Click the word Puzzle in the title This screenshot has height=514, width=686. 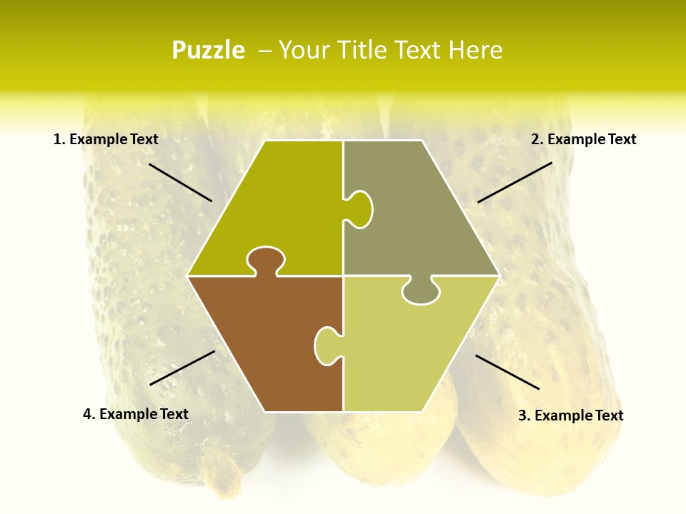208,50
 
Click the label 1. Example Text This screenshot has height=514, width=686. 106,139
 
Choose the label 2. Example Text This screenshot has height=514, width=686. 583,139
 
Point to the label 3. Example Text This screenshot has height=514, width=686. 570,415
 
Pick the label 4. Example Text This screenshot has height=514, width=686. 136,414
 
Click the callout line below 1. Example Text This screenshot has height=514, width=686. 180,182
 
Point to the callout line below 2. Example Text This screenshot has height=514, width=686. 514,182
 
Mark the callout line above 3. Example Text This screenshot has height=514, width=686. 507,372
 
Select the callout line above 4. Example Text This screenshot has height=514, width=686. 182,368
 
